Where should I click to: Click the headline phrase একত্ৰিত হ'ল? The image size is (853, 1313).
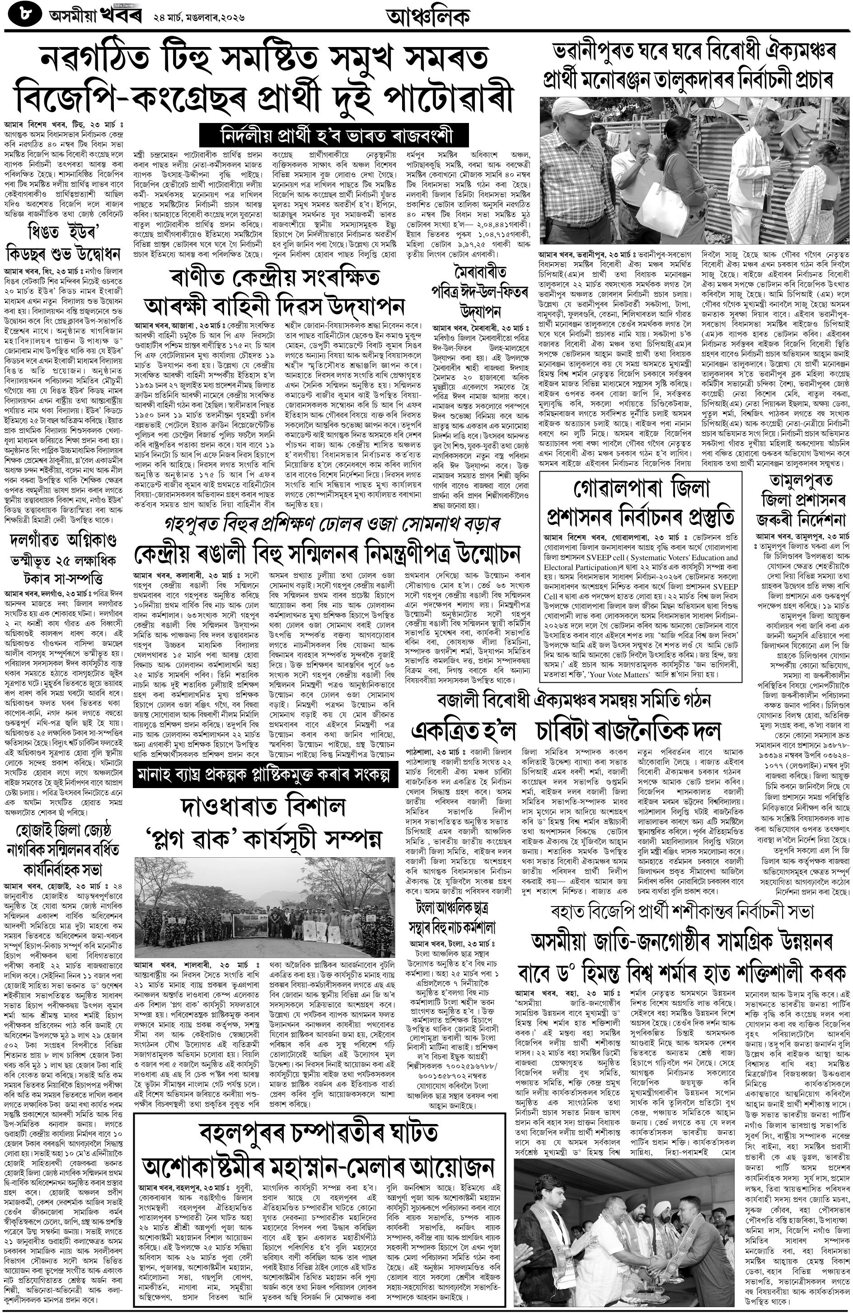click(x=463, y=731)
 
